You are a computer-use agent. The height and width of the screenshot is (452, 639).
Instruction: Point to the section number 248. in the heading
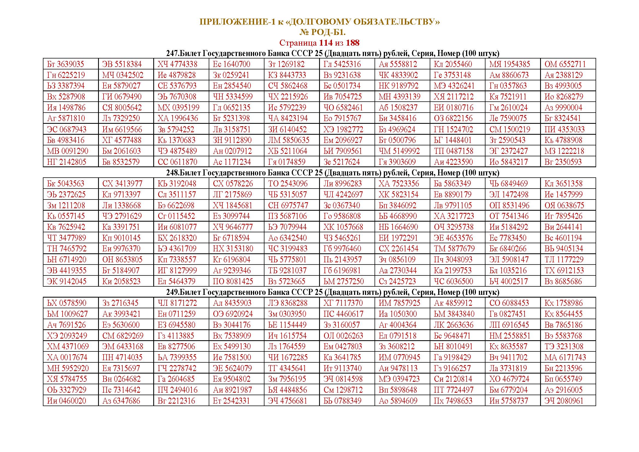pyautogui.click(x=173, y=173)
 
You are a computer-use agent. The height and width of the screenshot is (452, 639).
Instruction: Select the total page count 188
pyautogui.click(x=352, y=43)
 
